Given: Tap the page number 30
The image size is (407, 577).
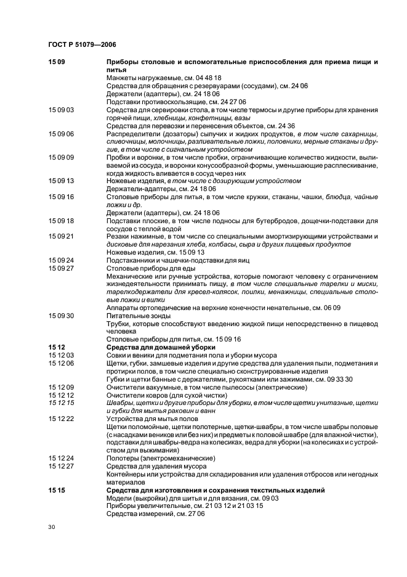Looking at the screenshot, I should coord(52,528).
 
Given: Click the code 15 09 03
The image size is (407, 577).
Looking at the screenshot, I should coord(61,110).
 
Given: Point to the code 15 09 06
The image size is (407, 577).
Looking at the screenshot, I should coord(61,134).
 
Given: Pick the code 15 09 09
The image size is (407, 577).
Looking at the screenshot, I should coord(61,157).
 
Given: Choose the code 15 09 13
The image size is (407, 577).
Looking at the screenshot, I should coord(61,181).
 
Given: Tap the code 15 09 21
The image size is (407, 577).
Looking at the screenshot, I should coord(61,236).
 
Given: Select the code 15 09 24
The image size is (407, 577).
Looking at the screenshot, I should coord(61,260).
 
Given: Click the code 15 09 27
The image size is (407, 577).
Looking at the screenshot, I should coord(61,268).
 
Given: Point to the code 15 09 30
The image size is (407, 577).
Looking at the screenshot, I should coord(61,315).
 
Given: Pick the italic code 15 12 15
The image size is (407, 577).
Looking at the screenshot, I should coord(61,403).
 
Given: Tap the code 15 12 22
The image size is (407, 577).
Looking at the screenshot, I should coord(61,419).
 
